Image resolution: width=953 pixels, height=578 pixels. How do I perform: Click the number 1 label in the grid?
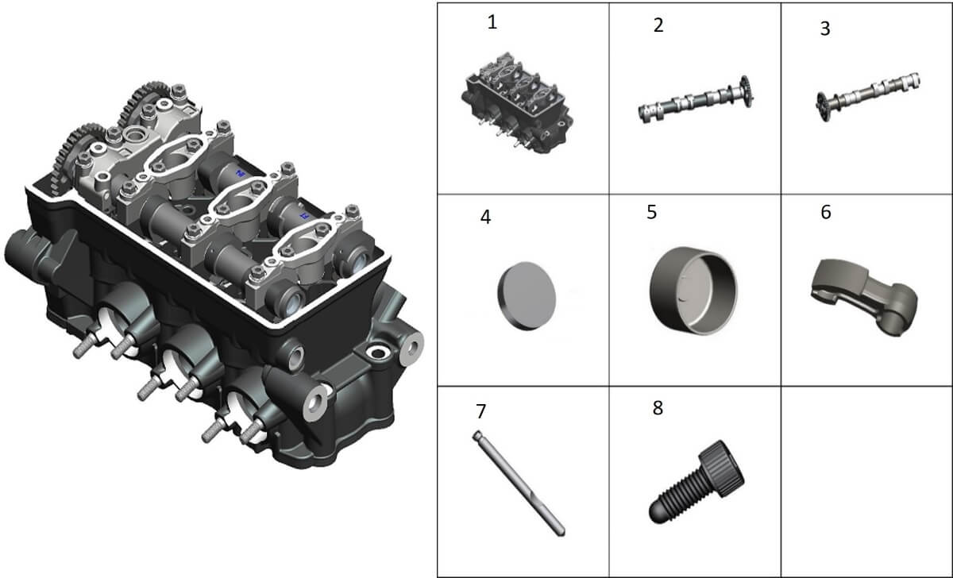(x=492, y=22)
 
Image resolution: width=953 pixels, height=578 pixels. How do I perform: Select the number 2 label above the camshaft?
(x=658, y=25)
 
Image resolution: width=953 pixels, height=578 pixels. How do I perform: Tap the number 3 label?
(x=825, y=29)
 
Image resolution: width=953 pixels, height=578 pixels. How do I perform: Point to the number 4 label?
(x=485, y=217)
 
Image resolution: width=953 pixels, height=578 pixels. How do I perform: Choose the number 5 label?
(x=652, y=212)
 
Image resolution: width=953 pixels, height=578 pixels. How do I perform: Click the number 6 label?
(x=826, y=212)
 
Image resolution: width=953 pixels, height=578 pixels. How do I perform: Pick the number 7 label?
(x=480, y=411)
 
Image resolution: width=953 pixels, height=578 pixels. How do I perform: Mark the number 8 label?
(x=658, y=408)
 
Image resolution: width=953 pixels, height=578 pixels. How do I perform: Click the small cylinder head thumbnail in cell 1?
(x=517, y=103)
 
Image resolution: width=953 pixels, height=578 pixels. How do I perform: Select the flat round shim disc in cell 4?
(x=527, y=295)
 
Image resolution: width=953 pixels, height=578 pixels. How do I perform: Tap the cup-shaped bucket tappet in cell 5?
(x=693, y=291)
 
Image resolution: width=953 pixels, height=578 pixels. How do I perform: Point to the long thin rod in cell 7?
(x=519, y=484)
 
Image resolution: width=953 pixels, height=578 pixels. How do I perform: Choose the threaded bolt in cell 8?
(x=696, y=482)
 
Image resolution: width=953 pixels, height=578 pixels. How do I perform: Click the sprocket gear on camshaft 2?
(x=746, y=91)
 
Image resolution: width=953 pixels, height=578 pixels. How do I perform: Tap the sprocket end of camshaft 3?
(x=823, y=107)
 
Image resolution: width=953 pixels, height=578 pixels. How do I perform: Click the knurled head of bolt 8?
(x=722, y=467)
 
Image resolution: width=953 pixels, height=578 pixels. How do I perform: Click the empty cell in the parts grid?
(x=866, y=481)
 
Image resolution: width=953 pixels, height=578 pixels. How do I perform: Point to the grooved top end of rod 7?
(x=476, y=435)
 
